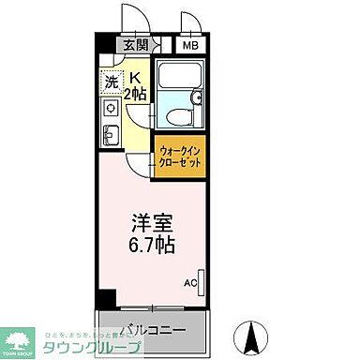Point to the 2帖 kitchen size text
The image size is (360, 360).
click(135, 93)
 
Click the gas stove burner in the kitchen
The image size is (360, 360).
click(110, 109)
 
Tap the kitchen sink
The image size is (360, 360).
click(109, 137)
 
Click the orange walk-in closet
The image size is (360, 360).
click(179, 156)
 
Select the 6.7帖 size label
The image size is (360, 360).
click(149, 246)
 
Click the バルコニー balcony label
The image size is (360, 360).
click(150, 329)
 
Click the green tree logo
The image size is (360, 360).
click(18, 339)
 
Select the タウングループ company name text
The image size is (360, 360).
click(94, 348)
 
